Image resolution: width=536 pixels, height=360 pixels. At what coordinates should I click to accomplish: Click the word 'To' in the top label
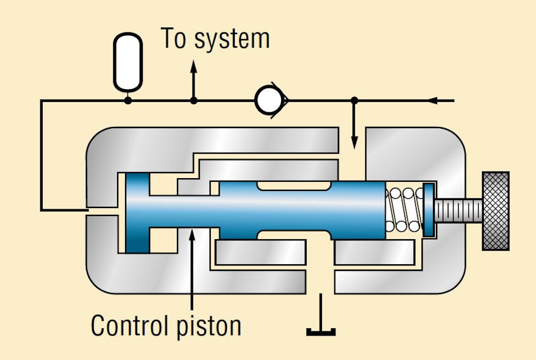click(174, 38)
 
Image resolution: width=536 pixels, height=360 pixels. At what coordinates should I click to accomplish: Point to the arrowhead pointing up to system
click(194, 66)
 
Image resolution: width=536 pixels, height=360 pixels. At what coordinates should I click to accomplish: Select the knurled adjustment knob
click(495, 211)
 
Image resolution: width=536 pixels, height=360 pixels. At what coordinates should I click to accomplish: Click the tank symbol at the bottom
click(321, 331)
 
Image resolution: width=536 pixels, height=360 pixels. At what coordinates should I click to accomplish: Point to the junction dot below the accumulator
click(128, 100)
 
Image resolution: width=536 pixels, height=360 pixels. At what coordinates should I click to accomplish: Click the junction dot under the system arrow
click(194, 100)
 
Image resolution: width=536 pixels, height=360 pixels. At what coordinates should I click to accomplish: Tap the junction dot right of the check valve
click(355, 100)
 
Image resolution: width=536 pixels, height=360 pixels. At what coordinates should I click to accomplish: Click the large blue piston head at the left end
click(137, 212)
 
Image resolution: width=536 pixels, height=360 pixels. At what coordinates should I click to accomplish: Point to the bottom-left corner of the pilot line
click(41, 211)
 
